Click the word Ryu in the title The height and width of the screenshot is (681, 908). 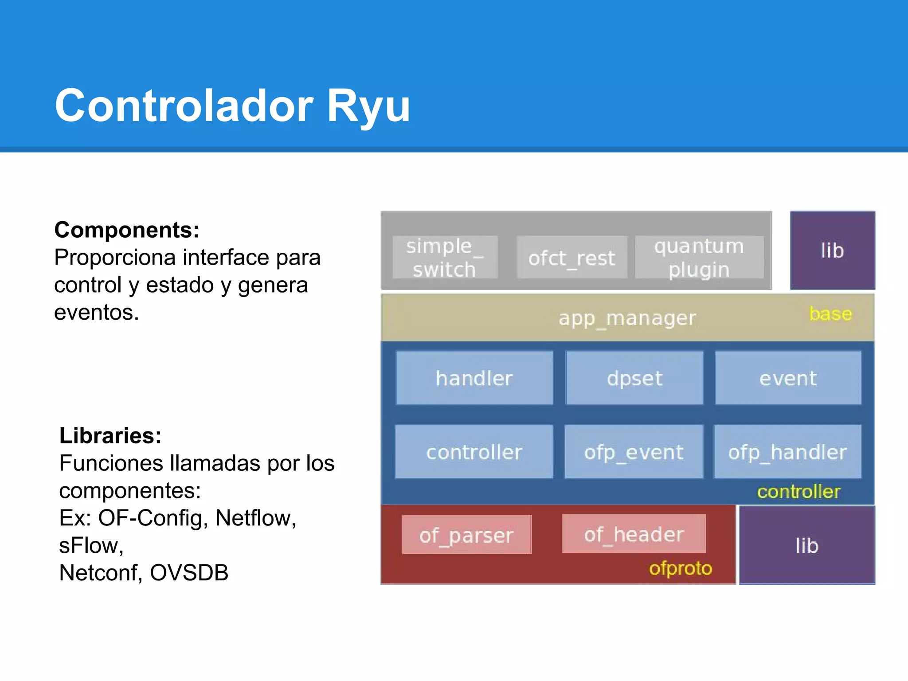pos(368,106)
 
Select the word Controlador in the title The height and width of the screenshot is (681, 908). pos(184,106)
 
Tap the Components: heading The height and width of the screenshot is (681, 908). pos(127,230)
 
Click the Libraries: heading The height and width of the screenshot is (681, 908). pos(110,435)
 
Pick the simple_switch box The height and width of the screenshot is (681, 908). pos(445,258)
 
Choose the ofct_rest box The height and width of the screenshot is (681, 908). pos(571,258)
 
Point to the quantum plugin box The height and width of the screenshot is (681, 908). pos(699,258)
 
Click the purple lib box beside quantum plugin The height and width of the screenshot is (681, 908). pos(832,250)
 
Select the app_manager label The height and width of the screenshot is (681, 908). pos(627,318)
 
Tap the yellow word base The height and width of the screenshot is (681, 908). pos(830,314)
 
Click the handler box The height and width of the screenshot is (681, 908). pos(474,378)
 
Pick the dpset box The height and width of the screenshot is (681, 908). pos(634,378)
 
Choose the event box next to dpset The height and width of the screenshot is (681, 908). pos(788,378)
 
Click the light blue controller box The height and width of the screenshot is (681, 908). pos(474,452)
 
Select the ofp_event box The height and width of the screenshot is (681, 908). pos(634,452)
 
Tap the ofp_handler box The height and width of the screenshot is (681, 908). pos(787,452)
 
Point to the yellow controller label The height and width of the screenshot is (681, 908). pos(798,492)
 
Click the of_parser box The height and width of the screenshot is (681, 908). pos(466,535)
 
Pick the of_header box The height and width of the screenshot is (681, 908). pos(634,534)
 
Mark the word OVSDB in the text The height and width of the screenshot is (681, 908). pos(189,572)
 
